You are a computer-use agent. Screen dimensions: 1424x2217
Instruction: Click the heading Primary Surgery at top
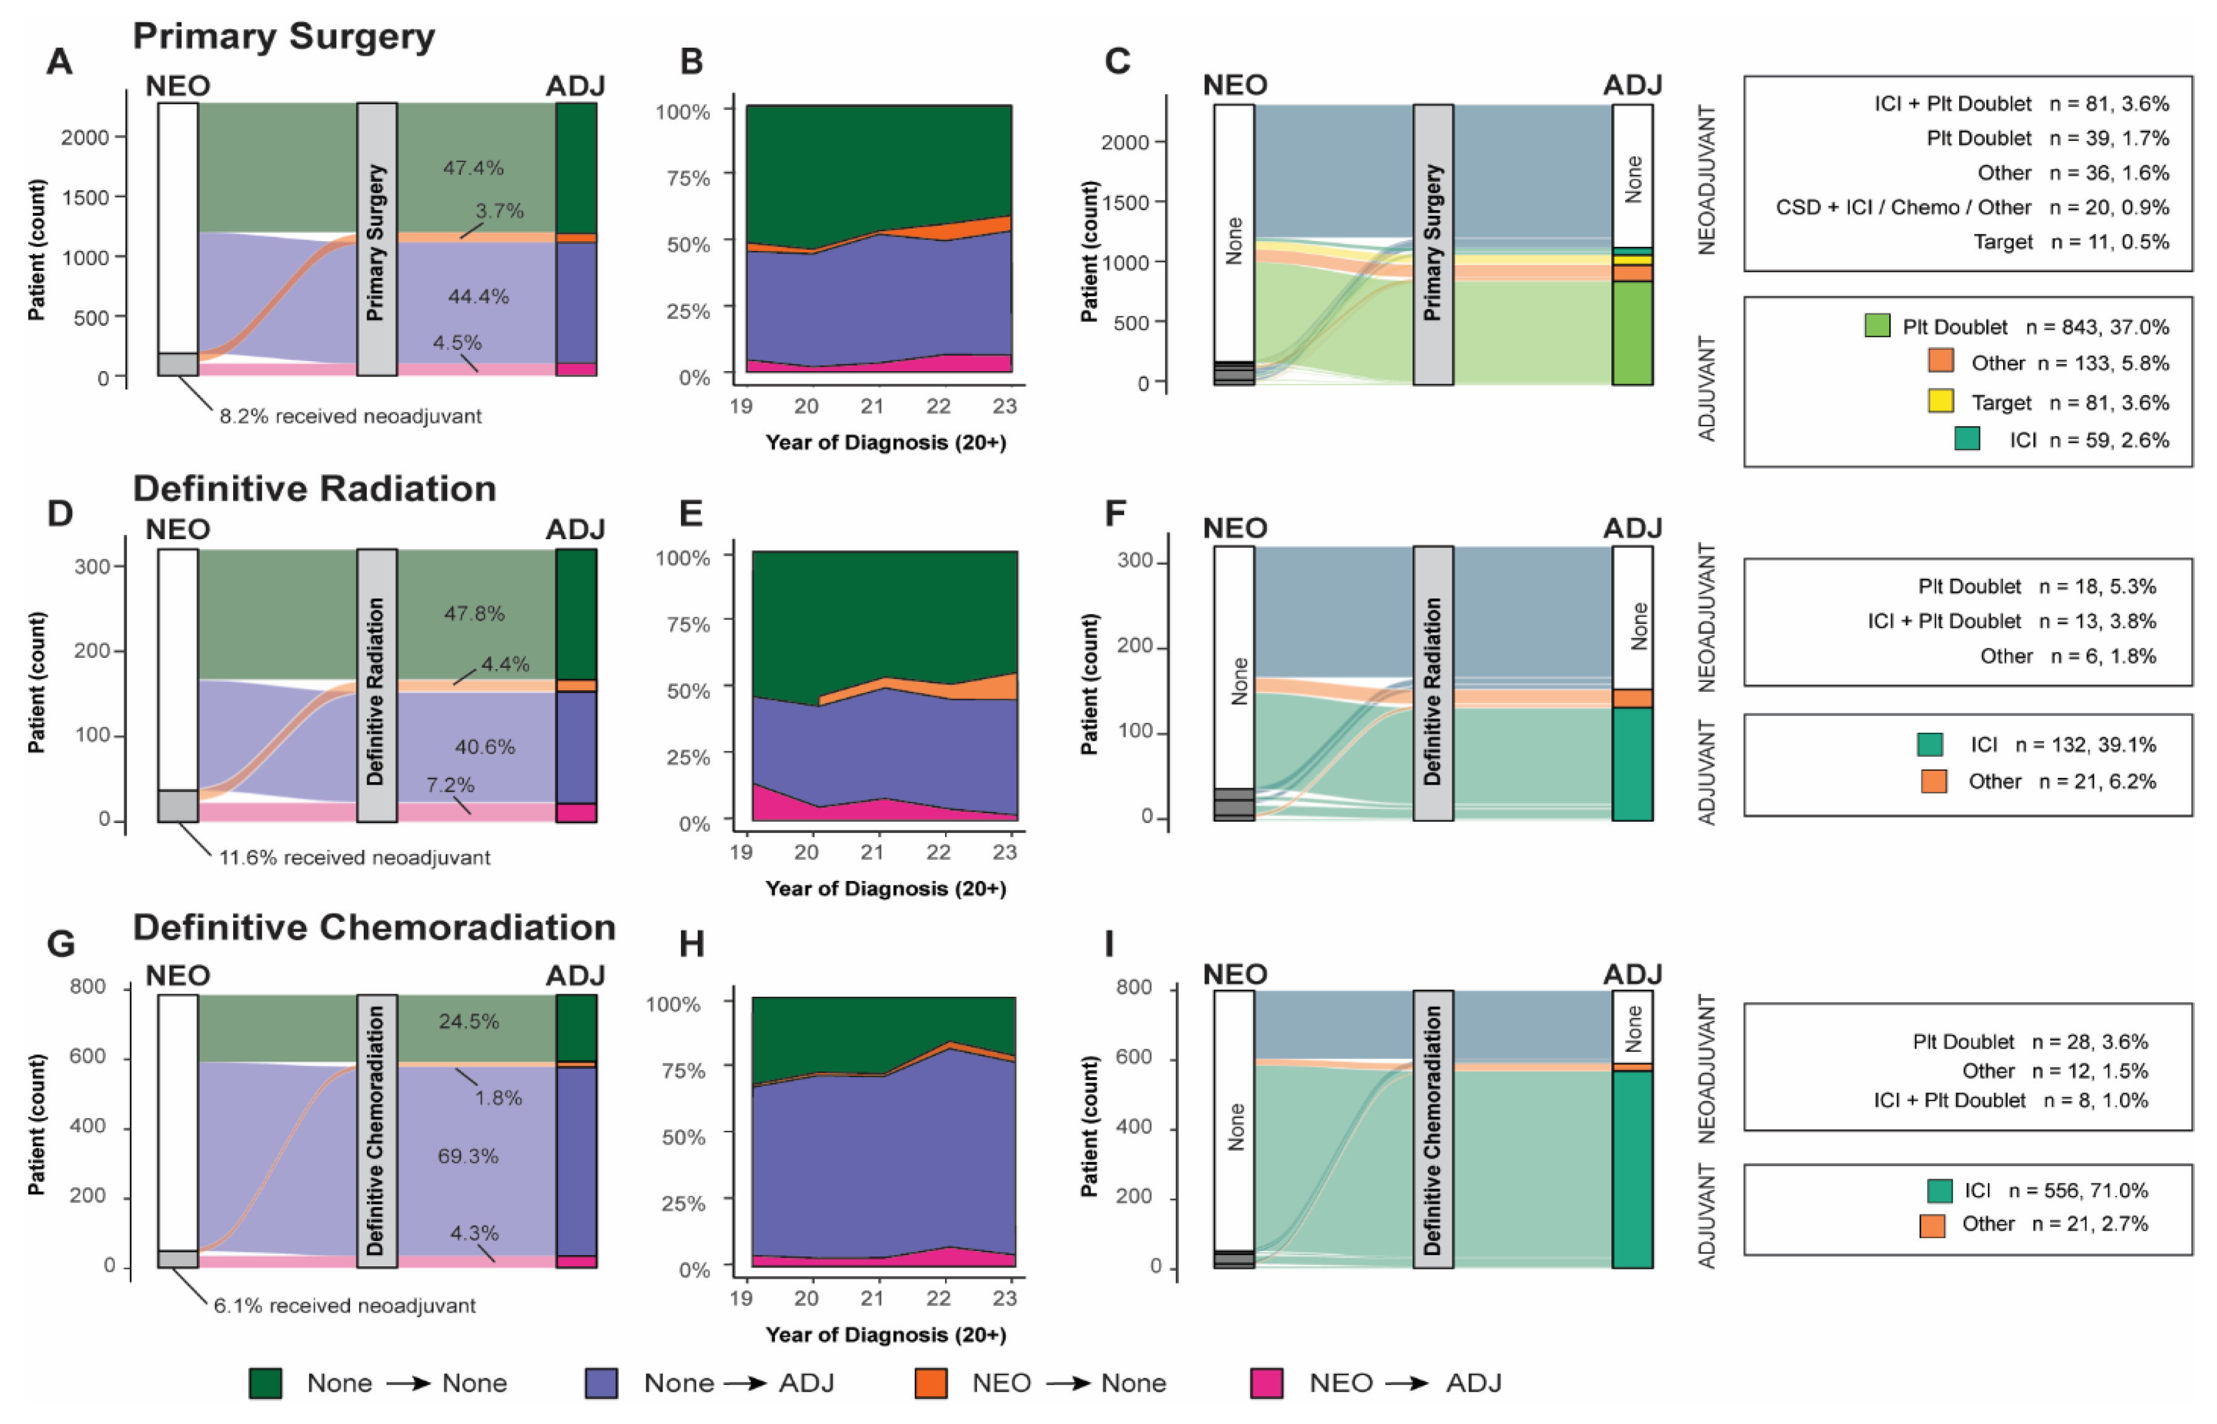[283, 37]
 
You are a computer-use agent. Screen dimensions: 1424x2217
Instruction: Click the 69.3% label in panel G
[468, 1156]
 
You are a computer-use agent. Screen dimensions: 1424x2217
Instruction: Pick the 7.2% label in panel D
[450, 785]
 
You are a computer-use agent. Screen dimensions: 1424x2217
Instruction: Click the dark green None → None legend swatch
[265, 1383]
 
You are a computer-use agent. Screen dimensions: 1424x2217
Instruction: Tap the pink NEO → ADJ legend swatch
[1266, 1383]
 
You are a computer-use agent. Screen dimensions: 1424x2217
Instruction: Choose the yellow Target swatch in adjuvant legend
[1940, 401]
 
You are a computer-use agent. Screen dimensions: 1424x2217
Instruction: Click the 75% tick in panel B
[688, 177]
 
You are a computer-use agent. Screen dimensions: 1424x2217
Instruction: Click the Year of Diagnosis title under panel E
[885, 889]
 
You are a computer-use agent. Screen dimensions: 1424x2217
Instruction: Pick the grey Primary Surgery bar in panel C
[1433, 244]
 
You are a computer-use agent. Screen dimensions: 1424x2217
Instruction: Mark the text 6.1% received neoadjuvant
[344, 1306]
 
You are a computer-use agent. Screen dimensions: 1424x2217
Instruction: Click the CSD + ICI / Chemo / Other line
[1970, 207]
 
